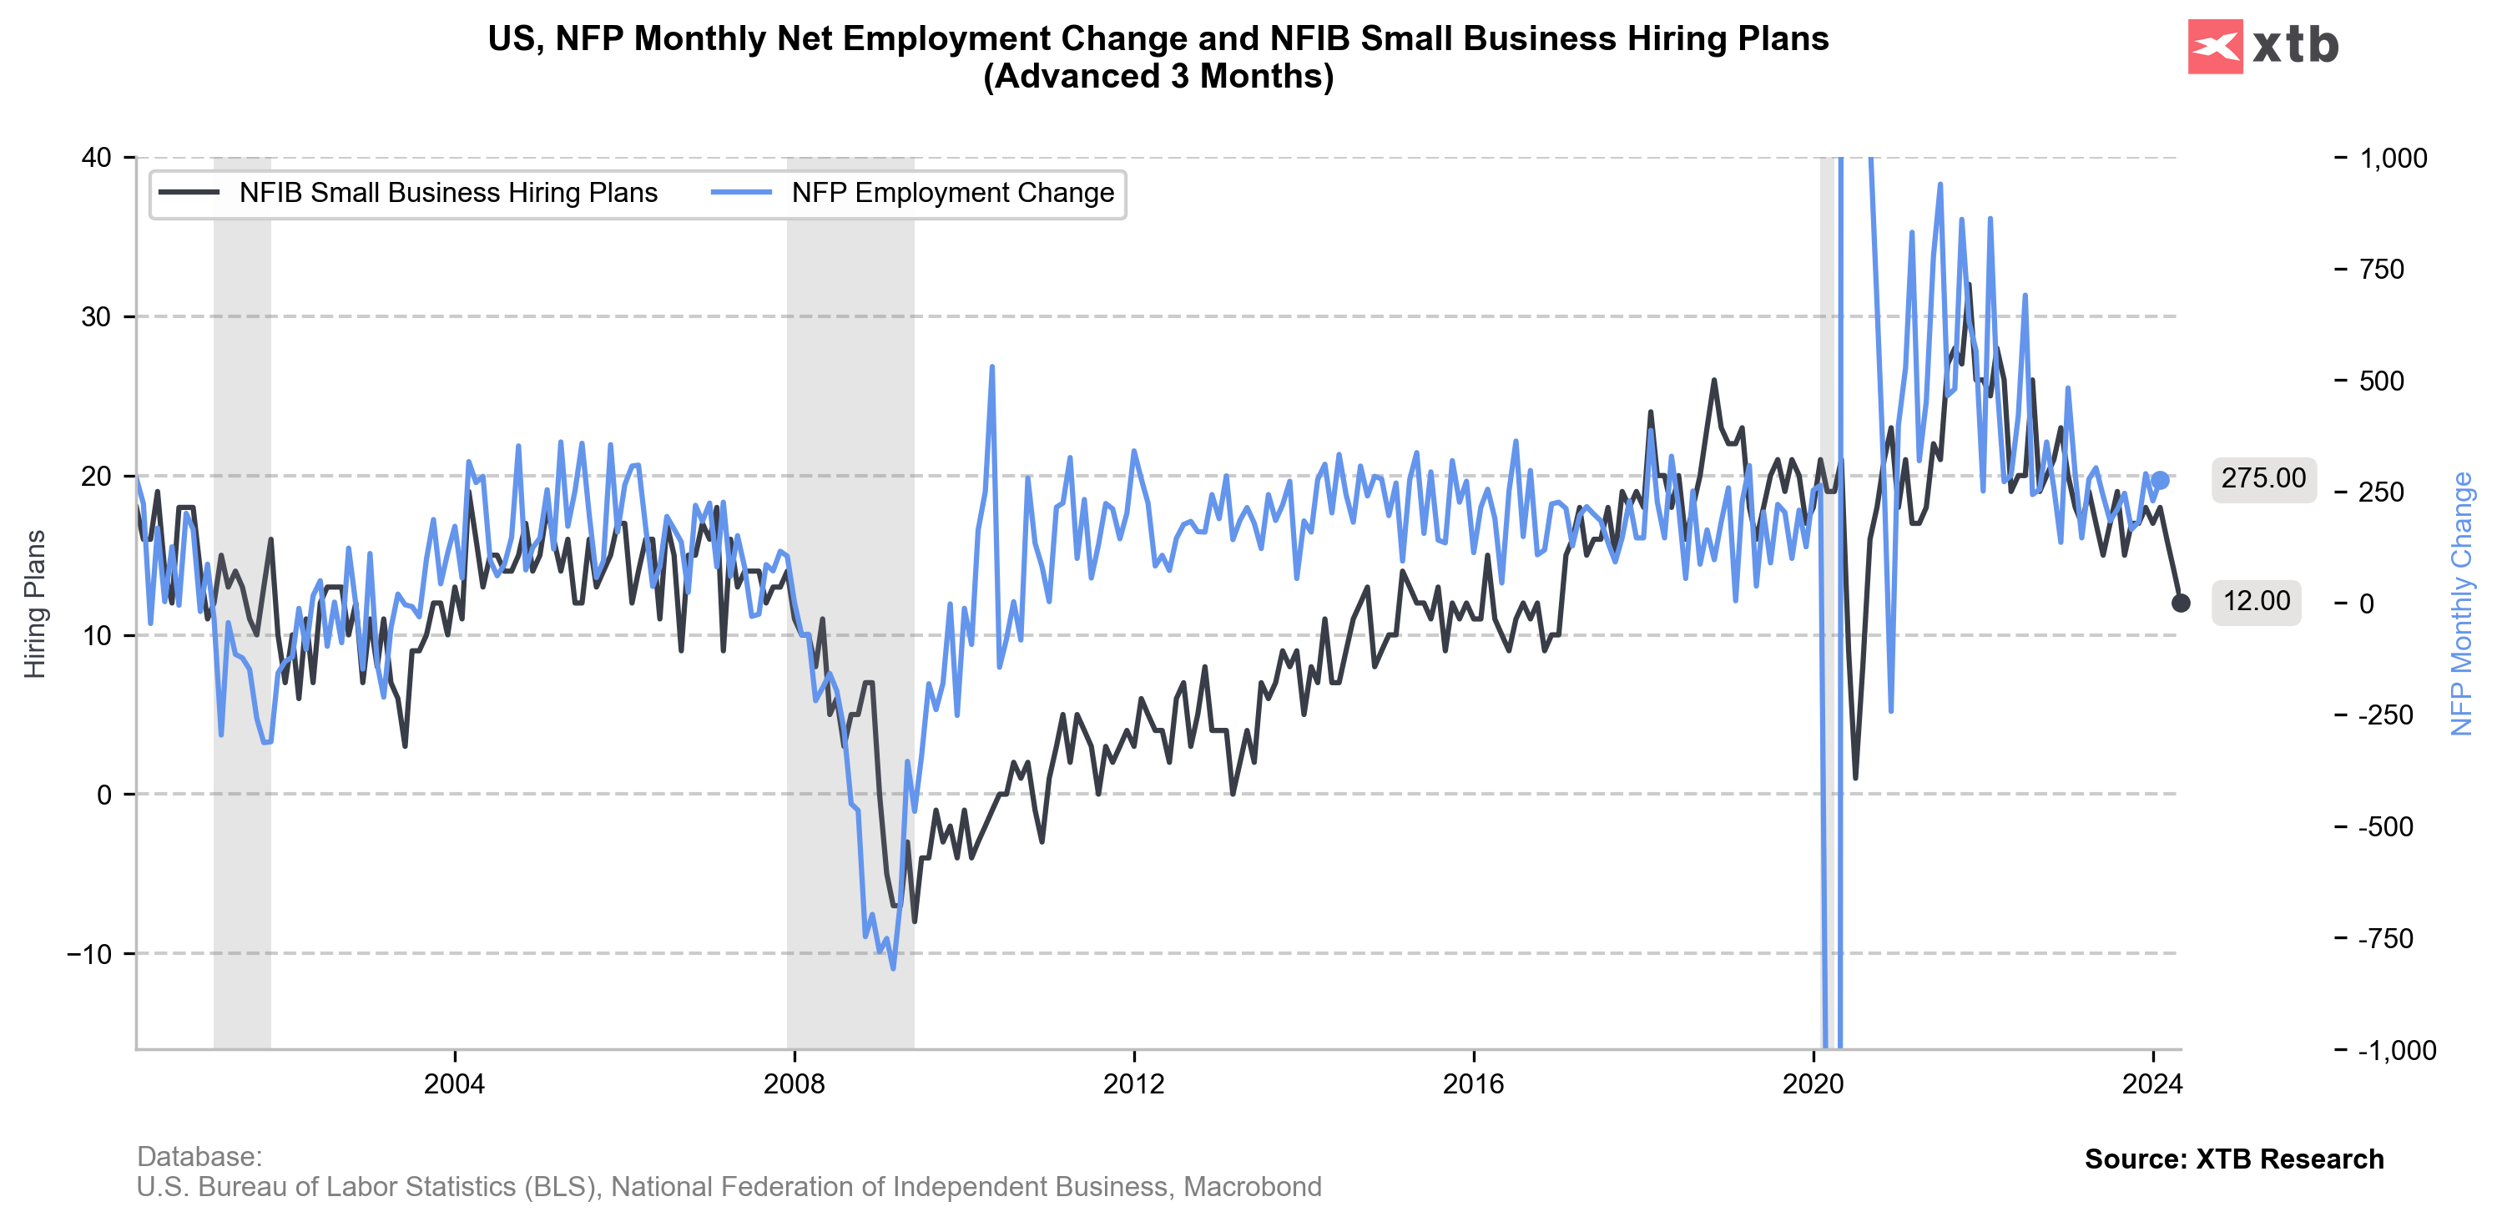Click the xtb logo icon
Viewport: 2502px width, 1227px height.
click(x=2215, y=46)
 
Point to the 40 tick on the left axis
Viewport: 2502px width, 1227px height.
click(x=97, y=158)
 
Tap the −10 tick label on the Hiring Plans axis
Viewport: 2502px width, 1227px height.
click(x=89, y=954)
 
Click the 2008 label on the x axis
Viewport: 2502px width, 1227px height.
click(x=794, y=1084)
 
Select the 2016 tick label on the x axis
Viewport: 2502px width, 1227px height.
click(x=1474, y=1084)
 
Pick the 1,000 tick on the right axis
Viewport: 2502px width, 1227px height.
click(x=2394, y=159)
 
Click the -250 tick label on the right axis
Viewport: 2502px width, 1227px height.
click(x=2387, y=715)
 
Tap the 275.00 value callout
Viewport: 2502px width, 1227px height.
click(x=2263, y=479)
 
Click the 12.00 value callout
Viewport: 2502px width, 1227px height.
click(x=2257, y=601)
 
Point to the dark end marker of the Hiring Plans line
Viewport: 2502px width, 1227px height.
click(x=2181, y=603)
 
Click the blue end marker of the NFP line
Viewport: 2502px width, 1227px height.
click(x=2160, y=480)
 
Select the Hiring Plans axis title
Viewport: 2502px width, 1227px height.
click(x=35, y=603)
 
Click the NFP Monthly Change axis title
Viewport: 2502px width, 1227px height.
click(x=2461, y=603)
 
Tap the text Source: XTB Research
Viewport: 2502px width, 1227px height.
click(x=2234, y=1159)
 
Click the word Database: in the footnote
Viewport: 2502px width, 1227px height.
click(x=199, y=1156)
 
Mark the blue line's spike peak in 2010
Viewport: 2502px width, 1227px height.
click(x=991, y=367)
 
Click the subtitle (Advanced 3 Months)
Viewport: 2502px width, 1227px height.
click(x=1158, y=76)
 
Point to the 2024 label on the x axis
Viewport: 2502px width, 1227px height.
click(x=2152, y=1084)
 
